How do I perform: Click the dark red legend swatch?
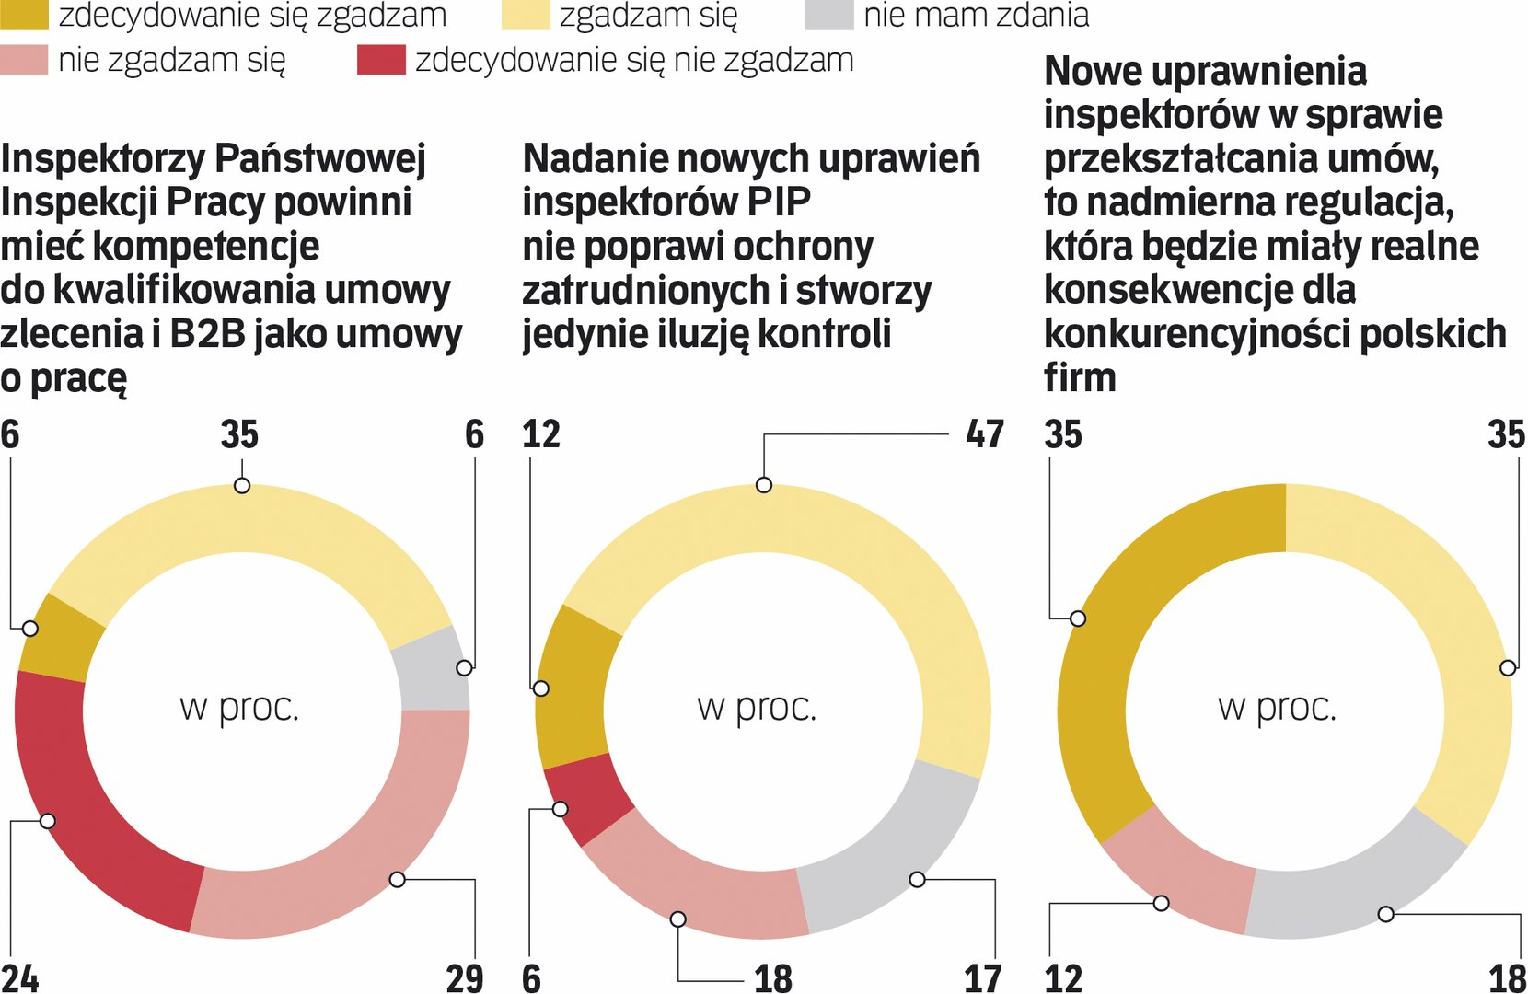click(381, 60)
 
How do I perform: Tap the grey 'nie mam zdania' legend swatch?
click(828, 15)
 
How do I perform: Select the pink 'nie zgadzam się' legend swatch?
click(24, 60)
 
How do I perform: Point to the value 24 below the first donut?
click(20, 977)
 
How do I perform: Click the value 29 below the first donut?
click(464, 977)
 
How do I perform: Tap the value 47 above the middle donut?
click(984, 433)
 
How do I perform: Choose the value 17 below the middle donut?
click(982, 977)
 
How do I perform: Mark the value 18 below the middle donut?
click(773, 977)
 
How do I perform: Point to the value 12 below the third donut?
click(1063, 977)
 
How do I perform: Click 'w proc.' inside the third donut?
click(1277, 707)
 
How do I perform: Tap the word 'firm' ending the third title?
click(1080, 377)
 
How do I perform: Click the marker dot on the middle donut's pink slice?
click(678, 919)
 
